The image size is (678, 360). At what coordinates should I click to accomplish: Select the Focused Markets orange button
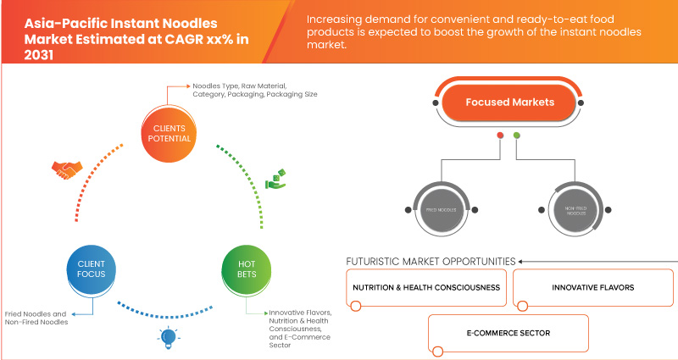[x=508, y=102]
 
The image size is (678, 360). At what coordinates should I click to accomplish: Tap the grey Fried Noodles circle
[x=440, y=208]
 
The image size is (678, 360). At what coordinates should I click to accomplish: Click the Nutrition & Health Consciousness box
[x=426, y=288]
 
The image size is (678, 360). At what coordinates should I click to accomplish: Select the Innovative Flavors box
[x=592, y=288]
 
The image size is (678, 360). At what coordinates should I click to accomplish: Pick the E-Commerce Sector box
[x=508, y=333]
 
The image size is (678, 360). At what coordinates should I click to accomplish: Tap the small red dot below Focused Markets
[x=501, y=136]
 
